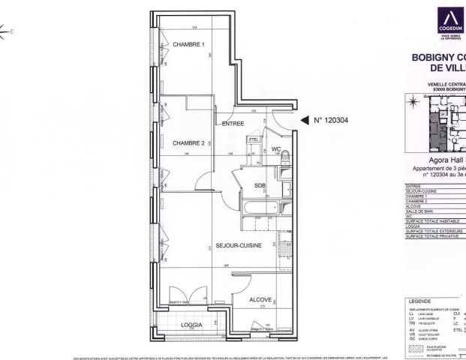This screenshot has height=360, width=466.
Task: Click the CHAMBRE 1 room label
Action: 189,45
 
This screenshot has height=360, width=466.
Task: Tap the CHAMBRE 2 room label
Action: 189,142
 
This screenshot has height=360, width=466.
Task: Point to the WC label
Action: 275,149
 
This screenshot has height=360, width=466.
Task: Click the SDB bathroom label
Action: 260,185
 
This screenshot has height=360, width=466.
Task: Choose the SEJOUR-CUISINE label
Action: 239,245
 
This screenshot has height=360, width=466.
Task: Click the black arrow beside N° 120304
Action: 304,119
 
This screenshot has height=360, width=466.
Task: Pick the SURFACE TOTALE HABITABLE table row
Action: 435,223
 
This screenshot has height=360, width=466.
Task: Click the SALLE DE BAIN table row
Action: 435,214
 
